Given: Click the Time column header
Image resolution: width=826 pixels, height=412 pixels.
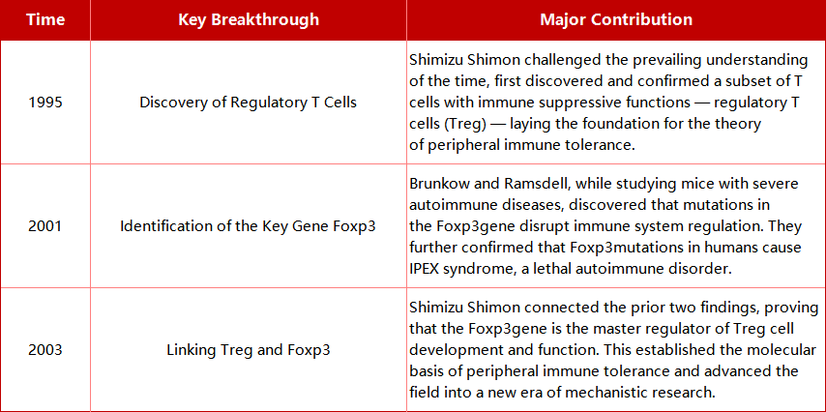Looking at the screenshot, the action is pyautogui.click(x=45, y=20).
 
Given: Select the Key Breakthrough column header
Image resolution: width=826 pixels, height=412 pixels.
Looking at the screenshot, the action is pyautogui.click(x=249, y=20).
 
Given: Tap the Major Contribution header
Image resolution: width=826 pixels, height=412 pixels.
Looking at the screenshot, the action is pyautogui.click(x=616, y=20).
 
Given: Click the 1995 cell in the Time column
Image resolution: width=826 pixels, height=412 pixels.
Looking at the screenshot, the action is pyautogui.click(x=45, y=103).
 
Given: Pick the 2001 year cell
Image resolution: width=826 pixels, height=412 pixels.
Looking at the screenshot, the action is pyautogui.click(x=45, y=226).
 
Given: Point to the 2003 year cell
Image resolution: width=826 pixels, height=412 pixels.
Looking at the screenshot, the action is pyautogui.click(x=45, y=350).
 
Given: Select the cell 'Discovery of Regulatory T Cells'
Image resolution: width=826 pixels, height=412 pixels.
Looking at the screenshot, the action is pyautogui.click(x=249, y=103).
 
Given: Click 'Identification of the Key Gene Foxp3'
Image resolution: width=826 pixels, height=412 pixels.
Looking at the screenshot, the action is pyautogui.click(x=249, y=226).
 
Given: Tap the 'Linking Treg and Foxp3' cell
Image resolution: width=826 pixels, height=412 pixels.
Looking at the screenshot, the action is pyautogui.click(x=249, y=350).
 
